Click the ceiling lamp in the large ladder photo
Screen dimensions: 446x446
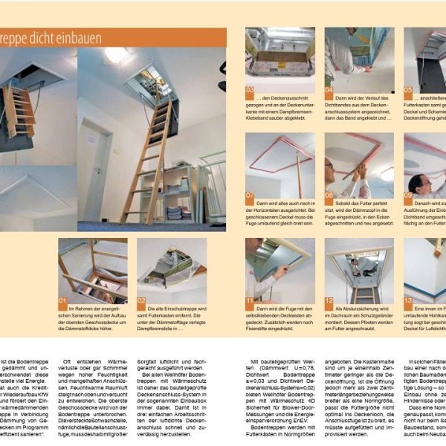point(116,54)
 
